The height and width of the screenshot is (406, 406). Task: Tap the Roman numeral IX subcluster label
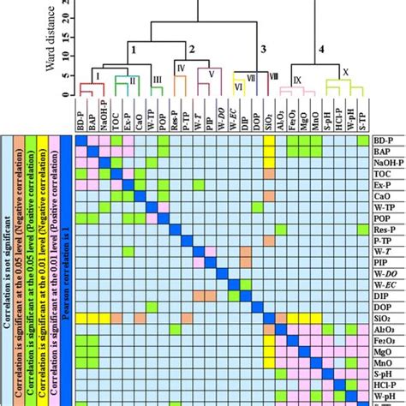[x=296, y=79]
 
